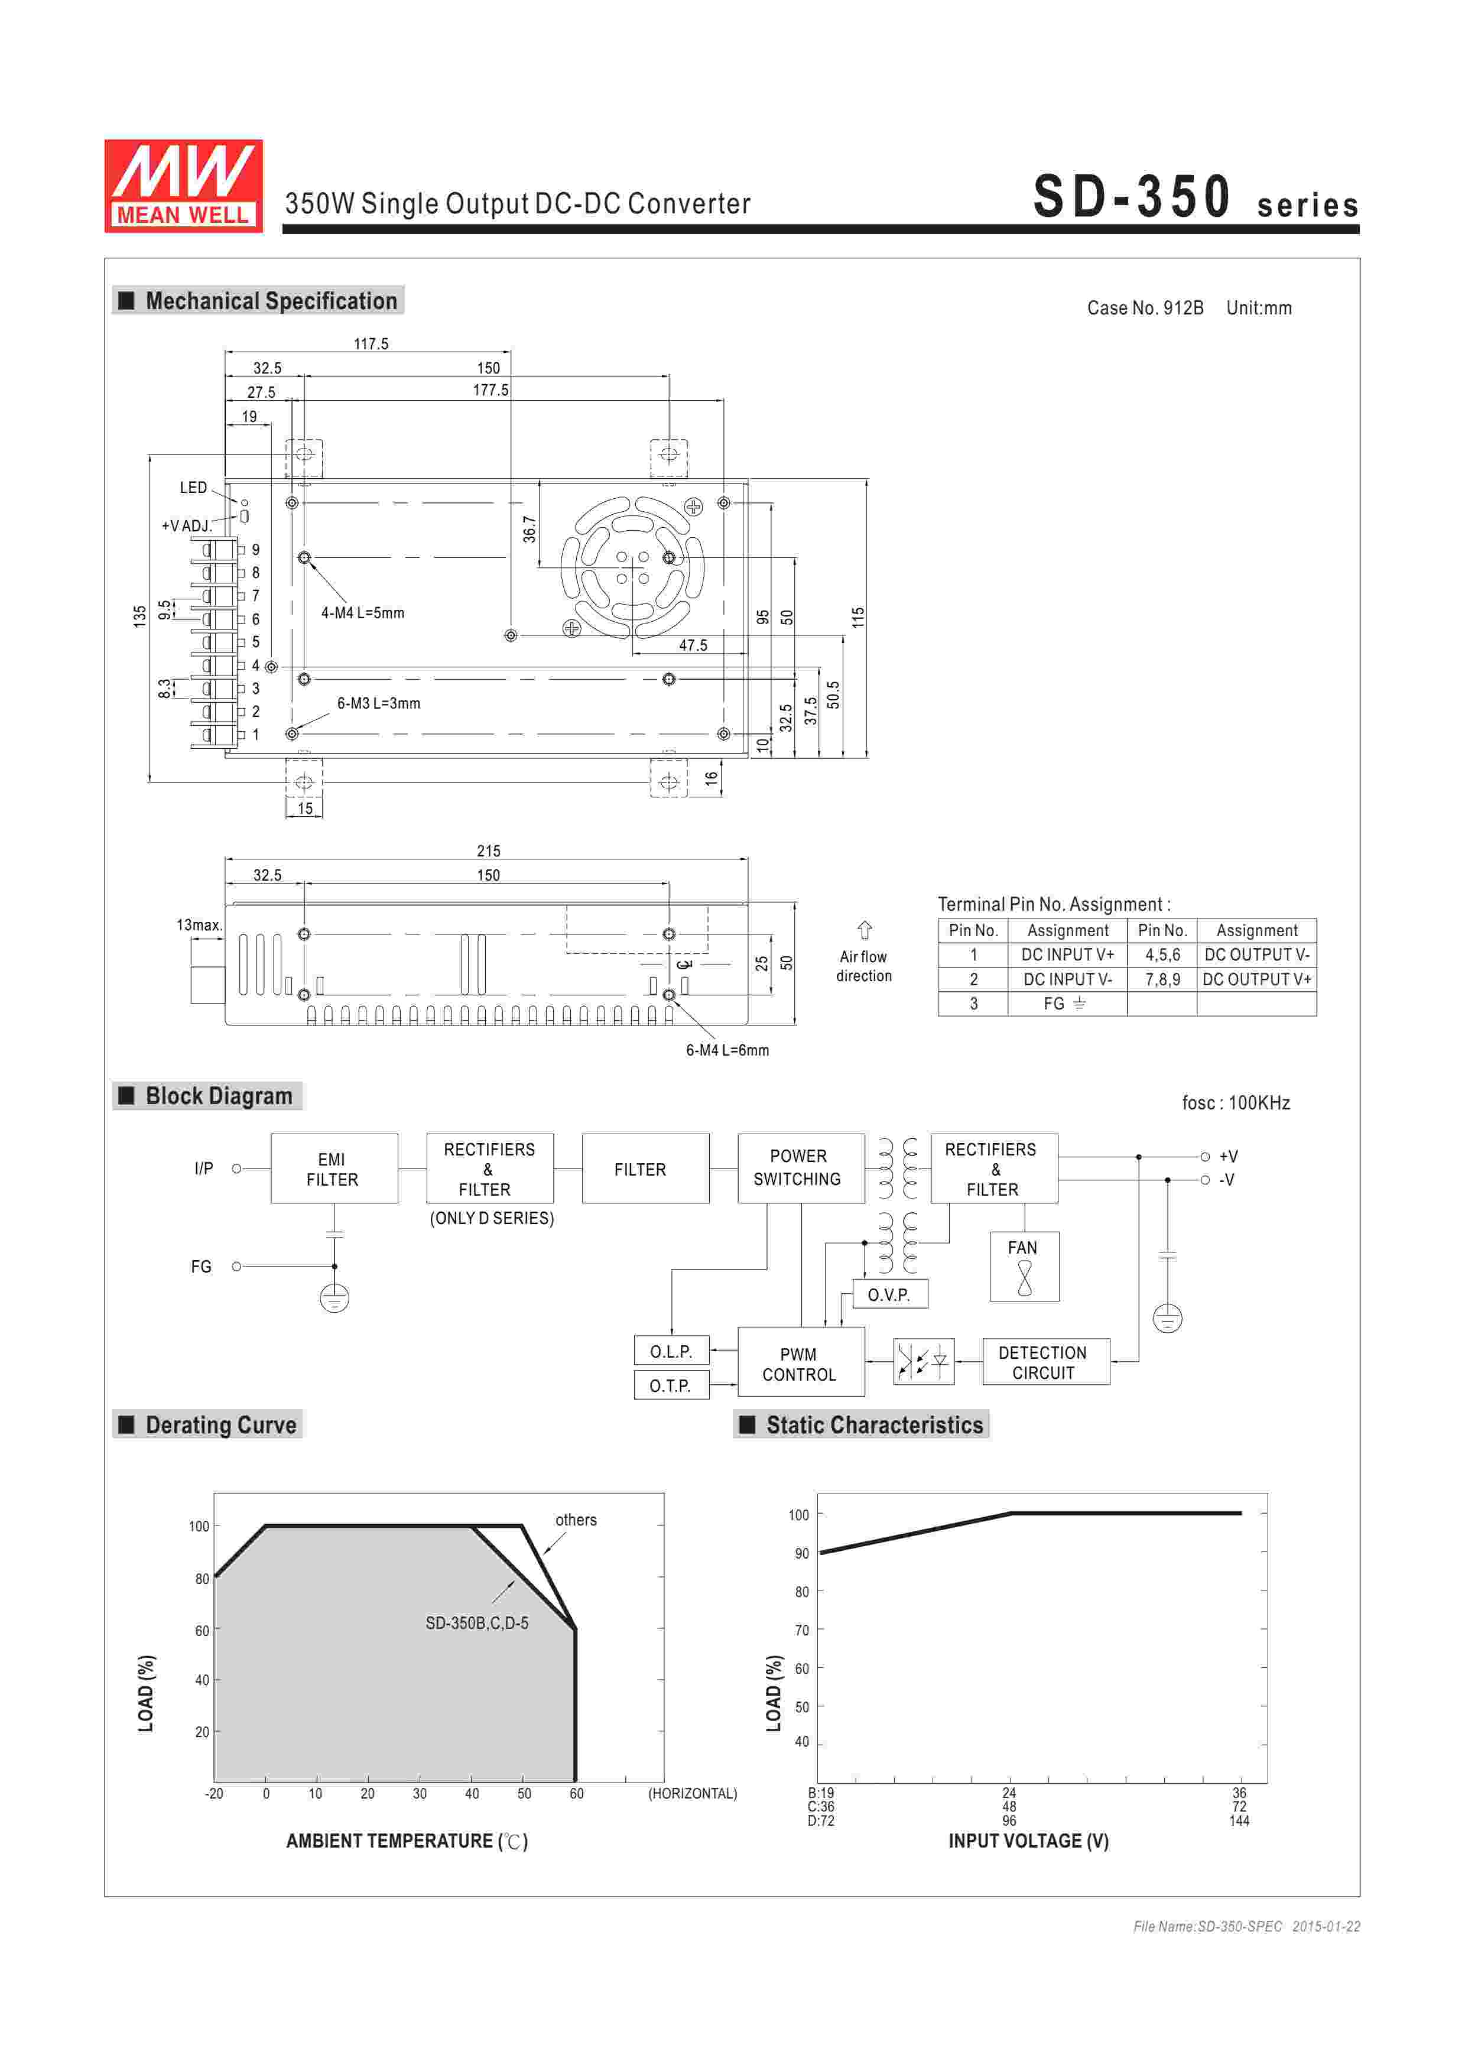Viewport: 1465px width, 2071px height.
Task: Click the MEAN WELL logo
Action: pyautogui.click(x=183, y=186)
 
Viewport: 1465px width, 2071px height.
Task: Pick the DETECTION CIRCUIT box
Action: pyautogui.click(x=1045, y=1362)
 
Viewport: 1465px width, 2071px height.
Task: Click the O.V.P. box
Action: pyautogui.click(x=889, y=1294)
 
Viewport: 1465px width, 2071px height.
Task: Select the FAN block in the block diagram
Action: pyautogui.click(x=1024, y=1267)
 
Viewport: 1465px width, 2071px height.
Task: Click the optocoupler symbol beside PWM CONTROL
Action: pyautogui.click(x=923, y=1361)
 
